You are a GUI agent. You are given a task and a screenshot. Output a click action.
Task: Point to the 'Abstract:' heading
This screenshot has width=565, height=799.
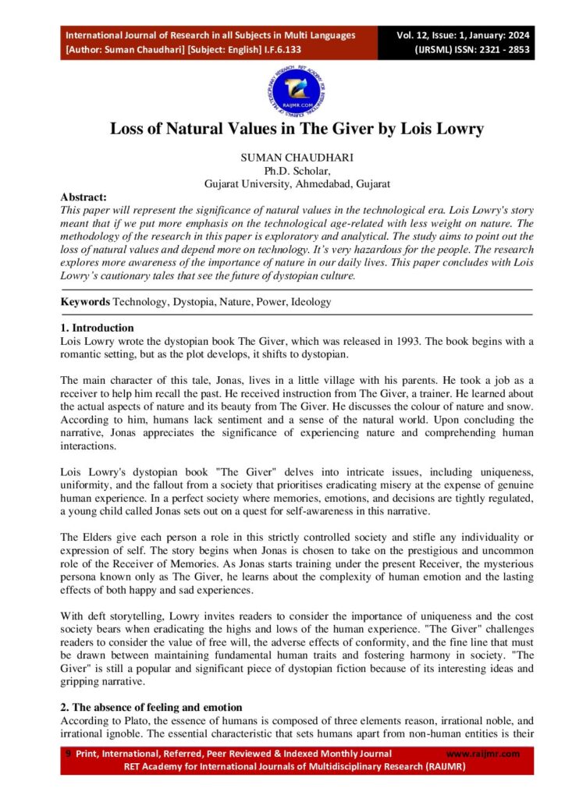pyautogui.click(x=84, y=197)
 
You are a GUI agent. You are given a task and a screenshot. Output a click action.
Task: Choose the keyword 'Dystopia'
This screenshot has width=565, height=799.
pyautogui.click(x=192, y=301)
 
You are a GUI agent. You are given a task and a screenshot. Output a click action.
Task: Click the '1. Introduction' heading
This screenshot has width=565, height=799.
pyautogui.click(x=97, y=328)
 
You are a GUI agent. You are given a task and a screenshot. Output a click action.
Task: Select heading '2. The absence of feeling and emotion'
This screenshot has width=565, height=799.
pyautogui.click(x=151, y=706)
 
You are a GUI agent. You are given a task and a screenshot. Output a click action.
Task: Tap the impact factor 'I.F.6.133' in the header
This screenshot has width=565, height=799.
pyautogui.click(x=282, y=48)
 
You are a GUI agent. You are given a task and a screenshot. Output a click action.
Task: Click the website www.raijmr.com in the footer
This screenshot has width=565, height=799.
pyautogui.click(x=482, y=754)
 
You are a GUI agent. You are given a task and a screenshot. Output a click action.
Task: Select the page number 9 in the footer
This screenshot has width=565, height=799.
pyautogui.click(x=69, y=754)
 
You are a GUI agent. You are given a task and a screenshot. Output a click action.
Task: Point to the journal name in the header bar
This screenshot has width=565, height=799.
pyautogui.click(x=210, y=35)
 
